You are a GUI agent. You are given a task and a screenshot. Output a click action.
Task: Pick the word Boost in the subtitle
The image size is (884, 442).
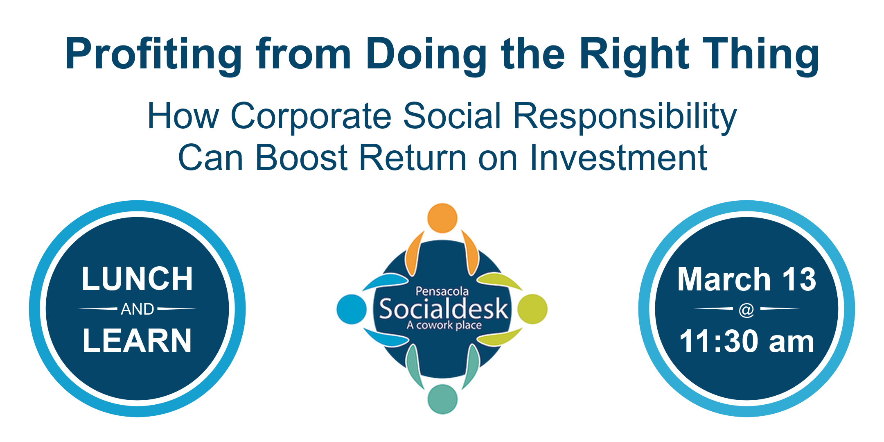coord(302,157)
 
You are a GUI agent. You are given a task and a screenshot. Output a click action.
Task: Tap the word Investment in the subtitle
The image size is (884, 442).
coord(618,157)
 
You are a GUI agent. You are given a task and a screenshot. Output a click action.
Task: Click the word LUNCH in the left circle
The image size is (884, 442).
coord(138,279)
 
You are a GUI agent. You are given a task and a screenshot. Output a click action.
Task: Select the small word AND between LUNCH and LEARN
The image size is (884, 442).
coord(138,309)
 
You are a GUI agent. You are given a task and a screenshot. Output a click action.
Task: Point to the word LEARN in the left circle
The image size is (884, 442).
coord(137,340)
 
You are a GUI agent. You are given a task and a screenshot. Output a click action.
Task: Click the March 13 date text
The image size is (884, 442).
coord(746,279)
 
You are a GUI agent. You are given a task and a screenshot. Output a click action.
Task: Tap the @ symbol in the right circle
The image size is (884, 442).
coord(746,310)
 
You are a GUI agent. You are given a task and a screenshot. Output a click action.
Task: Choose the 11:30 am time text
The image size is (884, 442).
coord(746,341)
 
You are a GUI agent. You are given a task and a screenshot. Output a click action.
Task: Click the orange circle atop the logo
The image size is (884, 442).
coord(442,218)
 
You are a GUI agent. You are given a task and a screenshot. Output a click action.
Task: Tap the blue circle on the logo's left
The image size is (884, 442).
coord(352,309)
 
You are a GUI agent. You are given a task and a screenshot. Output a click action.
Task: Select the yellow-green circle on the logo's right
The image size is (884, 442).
coord(532,309)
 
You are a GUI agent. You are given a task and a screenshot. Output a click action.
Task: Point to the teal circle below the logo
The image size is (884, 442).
coord(442,399)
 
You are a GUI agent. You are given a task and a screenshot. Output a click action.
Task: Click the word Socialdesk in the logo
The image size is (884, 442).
coord(443,309)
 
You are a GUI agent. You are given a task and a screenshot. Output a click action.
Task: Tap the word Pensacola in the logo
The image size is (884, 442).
coord(442,291)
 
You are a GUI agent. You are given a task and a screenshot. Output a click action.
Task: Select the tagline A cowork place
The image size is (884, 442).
coord(444,326)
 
